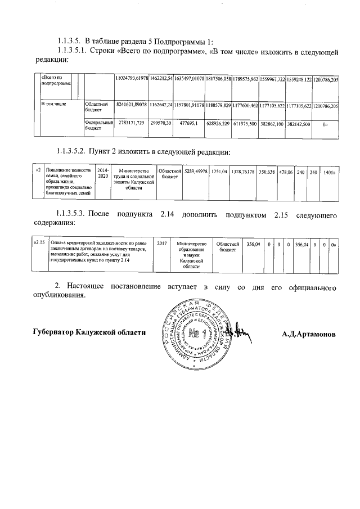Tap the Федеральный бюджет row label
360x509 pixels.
pos(99,125)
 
